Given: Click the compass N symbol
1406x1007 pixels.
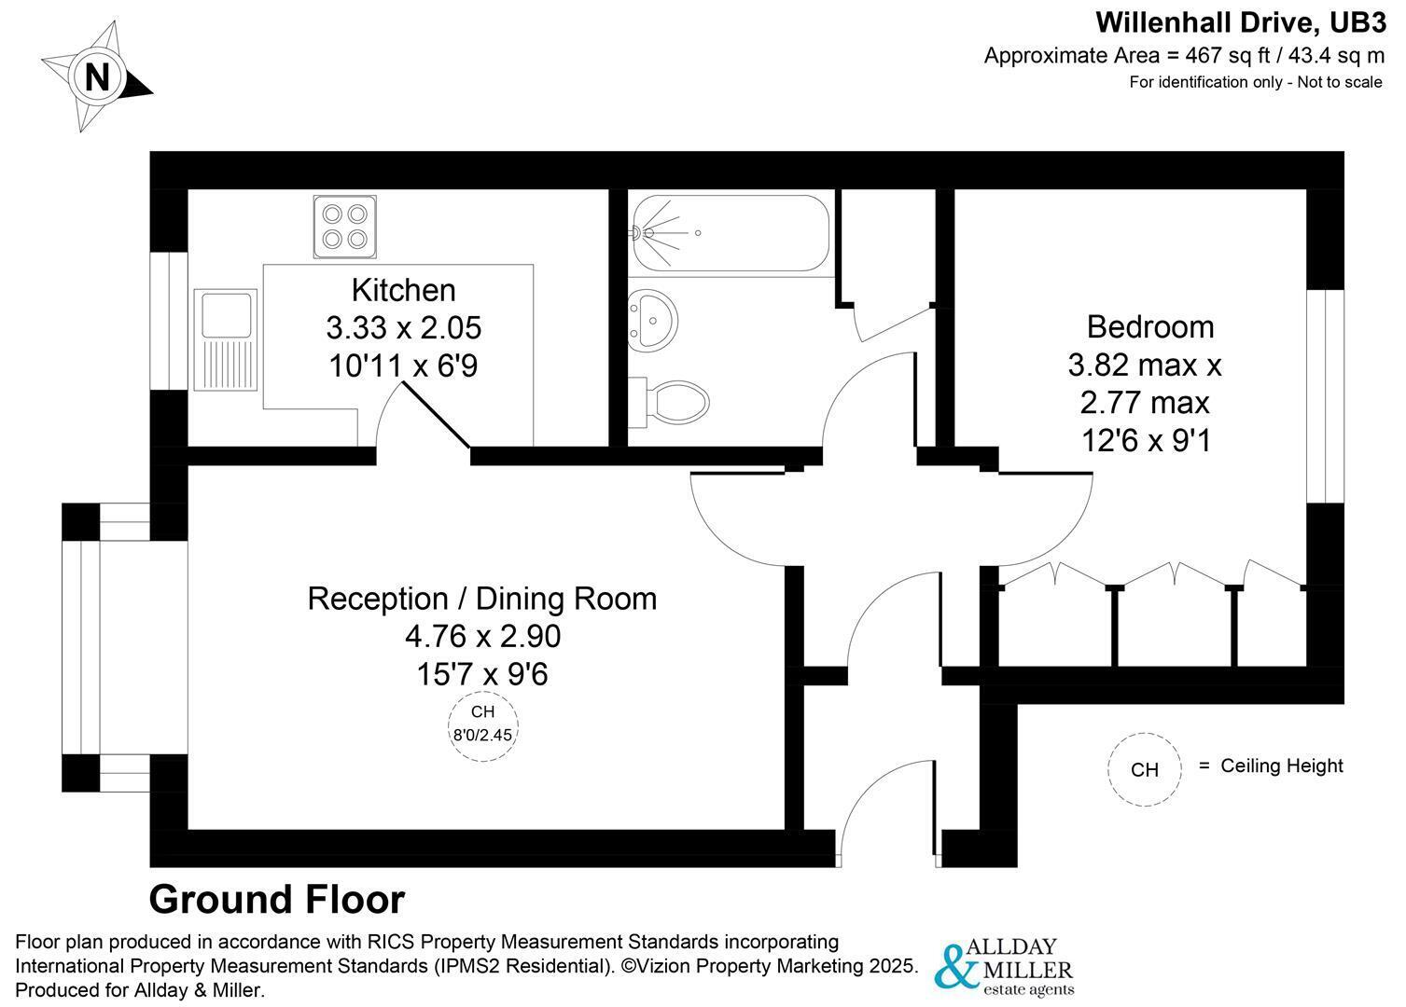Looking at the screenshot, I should [97, 76].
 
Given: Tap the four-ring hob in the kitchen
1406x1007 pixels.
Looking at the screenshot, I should [343, 227].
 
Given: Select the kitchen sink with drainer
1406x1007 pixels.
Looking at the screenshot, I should [224, 339].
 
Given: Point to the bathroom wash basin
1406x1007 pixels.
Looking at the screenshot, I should [651, 320].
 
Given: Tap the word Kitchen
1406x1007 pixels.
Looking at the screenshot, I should [403, 290].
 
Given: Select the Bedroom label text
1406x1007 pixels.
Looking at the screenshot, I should [1150, 326].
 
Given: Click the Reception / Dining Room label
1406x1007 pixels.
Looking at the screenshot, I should [482, 598].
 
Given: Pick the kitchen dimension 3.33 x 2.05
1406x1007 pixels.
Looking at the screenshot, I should [403, 328].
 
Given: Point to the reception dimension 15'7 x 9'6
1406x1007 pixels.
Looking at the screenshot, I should [482, 673].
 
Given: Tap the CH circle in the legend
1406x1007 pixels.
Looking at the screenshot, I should [1144, 769].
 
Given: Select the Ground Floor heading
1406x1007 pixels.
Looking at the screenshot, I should [277, 900].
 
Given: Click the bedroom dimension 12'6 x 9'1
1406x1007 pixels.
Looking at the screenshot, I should [1146, 440].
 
